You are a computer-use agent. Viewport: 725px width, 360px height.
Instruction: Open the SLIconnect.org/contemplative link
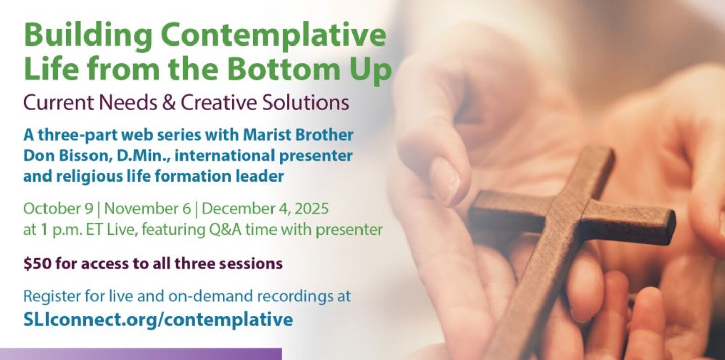click(x=158, y=319)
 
